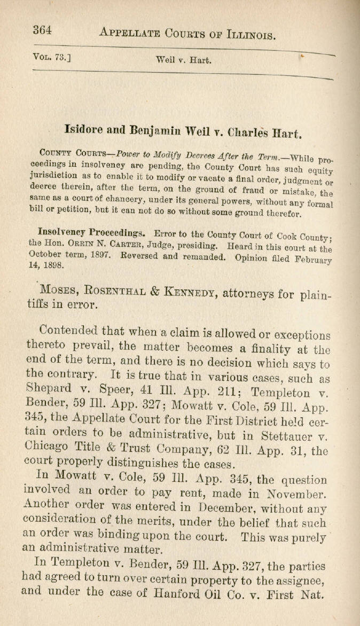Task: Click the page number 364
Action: coord(42,30)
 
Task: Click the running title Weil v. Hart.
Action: coord(183,60)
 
